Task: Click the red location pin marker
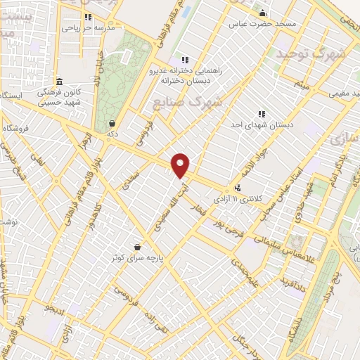tap(181, 165)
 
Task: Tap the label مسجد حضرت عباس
tap(262, 23)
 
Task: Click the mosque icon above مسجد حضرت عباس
tap(263, 13)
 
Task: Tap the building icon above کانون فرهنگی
tap(60, 81)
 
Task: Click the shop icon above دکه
tap(112, 123)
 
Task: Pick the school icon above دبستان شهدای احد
tap(262, 113)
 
